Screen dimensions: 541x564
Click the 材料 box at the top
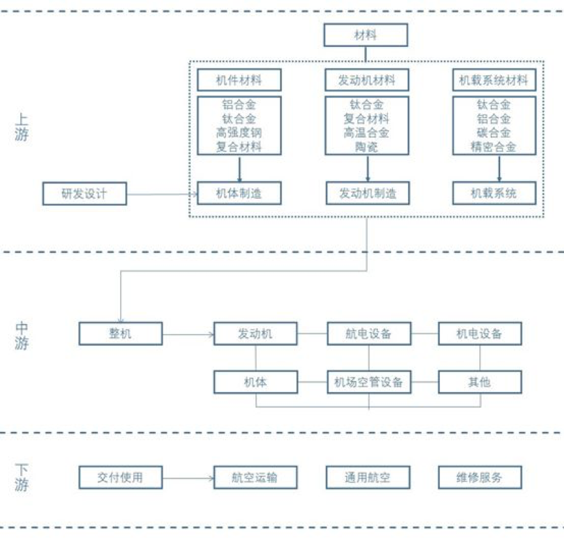coord(366,35)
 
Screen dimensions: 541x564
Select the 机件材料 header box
coord(239,80)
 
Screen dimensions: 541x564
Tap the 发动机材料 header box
coord(367,80)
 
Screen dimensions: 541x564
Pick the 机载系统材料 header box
coord(494,80)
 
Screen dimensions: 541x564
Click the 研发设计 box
coord(84,193)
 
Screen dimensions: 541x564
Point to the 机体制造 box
coord(239,193)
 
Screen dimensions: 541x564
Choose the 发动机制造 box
coord(368,193)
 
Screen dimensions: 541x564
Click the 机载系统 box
coord(494,193)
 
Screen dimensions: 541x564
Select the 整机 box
coord(120,334)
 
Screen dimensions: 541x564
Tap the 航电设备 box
coord(369,334)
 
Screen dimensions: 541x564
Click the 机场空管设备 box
coord(369,382)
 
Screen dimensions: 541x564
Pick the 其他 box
coord(480,382)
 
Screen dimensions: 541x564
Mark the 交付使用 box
coord(120,478)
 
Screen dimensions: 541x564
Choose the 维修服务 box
coord(480,478)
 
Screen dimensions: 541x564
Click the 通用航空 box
coord(369,478)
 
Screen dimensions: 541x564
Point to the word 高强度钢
coord(239,133)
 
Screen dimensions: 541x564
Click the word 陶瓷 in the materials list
coord(367,148)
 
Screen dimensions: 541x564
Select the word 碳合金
coord(494,133)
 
